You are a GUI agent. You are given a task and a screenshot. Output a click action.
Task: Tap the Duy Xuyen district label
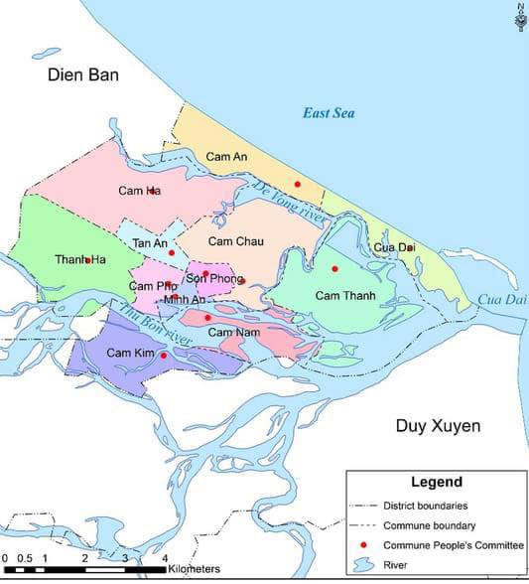point(438,426)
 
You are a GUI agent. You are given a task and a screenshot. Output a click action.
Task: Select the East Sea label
point(329,113)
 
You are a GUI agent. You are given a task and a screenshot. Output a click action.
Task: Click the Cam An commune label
point(226,156)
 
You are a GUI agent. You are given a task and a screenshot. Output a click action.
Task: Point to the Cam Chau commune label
point(235,241)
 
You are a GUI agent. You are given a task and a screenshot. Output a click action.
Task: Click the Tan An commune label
point(149,244)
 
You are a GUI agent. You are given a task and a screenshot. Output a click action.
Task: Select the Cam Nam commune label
point(234,331)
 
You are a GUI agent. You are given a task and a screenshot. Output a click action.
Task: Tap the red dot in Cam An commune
point(297,184)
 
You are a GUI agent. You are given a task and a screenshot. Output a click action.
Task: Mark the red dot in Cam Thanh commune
point(334,269)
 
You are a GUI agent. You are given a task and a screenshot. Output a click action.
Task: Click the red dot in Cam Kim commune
point(164,355)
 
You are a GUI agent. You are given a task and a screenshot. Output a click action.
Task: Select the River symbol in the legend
point(362,566)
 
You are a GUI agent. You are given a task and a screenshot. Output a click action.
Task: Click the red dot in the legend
point(362,545)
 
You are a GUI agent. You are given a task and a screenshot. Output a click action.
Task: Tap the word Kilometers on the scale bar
point(194,570)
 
